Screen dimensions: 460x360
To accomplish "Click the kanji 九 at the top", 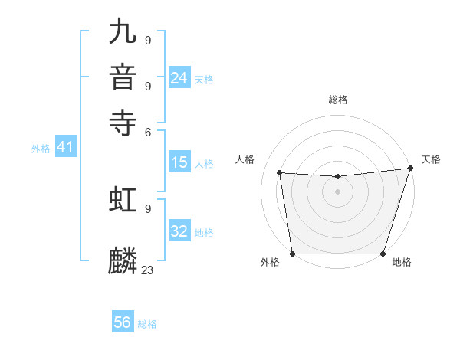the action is click(x=123, y=33).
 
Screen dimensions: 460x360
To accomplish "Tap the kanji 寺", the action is click(x=123, y=122).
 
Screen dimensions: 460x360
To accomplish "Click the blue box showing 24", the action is click(x=179, y=77).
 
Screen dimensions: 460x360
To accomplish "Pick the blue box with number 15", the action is click(x=179, y=162).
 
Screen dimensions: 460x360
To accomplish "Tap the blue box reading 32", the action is click(x=179, y=231).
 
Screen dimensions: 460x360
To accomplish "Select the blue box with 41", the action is click(x=65, y=148).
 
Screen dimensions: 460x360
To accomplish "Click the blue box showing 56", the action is click(x=123, y=322).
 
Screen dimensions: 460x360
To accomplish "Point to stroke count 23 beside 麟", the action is click(x=148, y=270).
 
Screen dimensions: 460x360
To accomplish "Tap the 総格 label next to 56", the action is click(x=147, y=324).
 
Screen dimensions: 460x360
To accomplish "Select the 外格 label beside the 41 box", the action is click(x=41, y=149).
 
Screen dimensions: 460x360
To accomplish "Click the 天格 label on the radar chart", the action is click(x=431, y=159).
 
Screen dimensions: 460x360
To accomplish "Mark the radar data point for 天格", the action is click(x=410, y=169).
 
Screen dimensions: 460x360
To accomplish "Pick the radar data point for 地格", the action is click(x=383, y=254).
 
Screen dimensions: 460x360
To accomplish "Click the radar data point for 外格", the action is click(x=292, y=254).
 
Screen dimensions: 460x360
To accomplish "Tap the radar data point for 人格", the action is click(x=280, y=173).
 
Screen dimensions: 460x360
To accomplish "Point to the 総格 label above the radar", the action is click(x=337, y=100).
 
